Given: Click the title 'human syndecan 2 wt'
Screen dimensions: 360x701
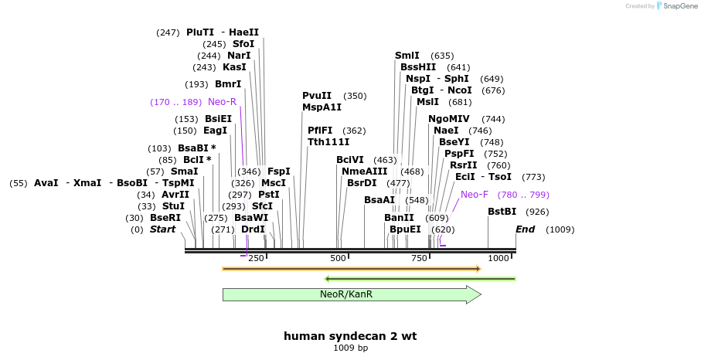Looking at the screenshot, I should [350, 336].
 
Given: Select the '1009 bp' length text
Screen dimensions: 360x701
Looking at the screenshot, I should [350, 348].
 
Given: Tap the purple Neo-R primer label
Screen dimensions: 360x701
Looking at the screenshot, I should [222, 102].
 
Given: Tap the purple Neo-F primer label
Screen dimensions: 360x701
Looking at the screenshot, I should [475, 195].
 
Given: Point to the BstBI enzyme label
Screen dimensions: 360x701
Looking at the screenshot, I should [502, 212].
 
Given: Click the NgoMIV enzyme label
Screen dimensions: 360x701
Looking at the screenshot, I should [449, 119].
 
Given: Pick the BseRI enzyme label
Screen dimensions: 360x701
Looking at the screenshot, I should [165, 218].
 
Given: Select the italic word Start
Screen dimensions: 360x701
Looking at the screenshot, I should [163, 229].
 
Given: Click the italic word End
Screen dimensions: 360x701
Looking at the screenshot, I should [526, 229].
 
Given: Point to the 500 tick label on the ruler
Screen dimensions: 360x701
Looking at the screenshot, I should [338, 258].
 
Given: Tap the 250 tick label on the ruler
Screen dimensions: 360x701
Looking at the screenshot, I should [256, 258].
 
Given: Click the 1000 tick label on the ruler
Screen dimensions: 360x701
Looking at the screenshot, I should [499, 258].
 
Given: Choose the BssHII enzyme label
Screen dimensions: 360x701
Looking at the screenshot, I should [418, 67].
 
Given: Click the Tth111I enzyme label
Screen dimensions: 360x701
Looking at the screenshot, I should [328, 142].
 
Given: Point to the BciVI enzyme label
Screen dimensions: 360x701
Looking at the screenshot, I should [350, 160].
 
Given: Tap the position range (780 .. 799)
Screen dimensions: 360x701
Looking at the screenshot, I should [523, 195].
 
